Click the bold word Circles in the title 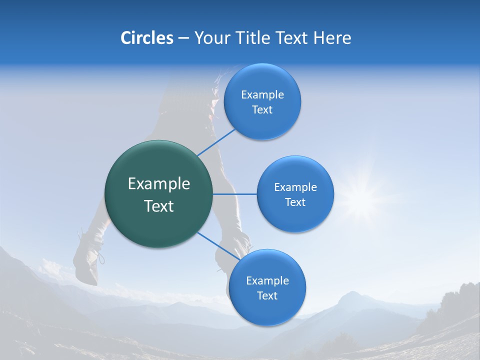click(x=146, y=38)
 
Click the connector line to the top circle click(x=216, y=142)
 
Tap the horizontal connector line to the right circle click(x=235, y=194)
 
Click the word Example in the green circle click(x=159, y=184)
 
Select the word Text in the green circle click(x=159, y=206)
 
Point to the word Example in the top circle click(x=262, y=95)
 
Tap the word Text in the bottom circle click(x=267, y=296)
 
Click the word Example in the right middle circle click(x=295, y=187)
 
